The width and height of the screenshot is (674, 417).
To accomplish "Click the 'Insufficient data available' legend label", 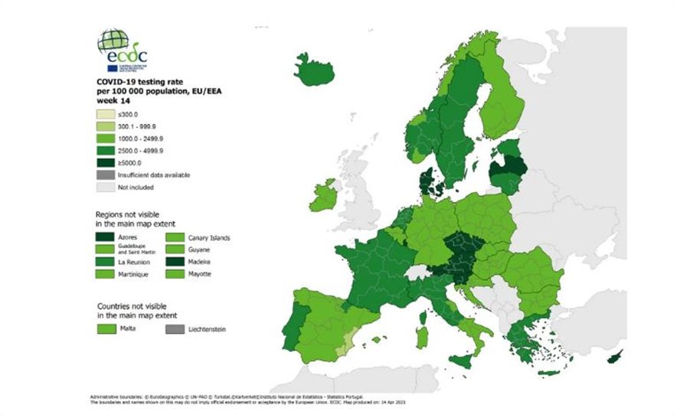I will click(x=154, y=174).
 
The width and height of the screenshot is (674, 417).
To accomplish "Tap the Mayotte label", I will click(x=200, y=274).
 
